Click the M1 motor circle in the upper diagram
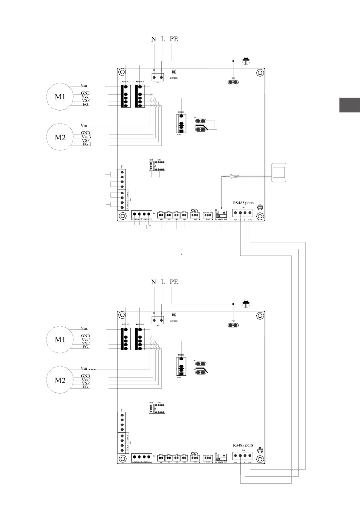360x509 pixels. [x=60, y=97]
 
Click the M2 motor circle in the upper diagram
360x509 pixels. [x=60, y=137]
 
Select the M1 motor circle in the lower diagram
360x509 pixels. [x=60, y=339]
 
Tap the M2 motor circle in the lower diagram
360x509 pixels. [x=60, y=380]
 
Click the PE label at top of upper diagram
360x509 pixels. [x=174, y=39]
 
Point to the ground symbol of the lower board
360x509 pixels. [x=247, y=304]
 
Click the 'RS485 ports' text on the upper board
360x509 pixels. [x=243, y=203]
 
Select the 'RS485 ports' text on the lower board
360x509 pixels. [x=243, y=445]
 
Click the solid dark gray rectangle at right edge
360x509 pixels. [x=349, y=105]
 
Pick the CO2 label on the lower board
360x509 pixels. [x=194, y=453]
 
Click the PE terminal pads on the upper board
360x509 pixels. [x=233, y=82]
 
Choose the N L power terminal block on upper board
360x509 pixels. [x=157, y=78]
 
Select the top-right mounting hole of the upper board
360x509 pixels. [x=259, y=73]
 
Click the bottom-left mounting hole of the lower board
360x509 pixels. [x=122, y=459]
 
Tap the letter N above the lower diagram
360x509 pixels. [x=154, y=282]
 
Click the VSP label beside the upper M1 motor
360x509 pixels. [x=86, y=100]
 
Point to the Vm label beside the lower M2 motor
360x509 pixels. [x=84, y=368]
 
